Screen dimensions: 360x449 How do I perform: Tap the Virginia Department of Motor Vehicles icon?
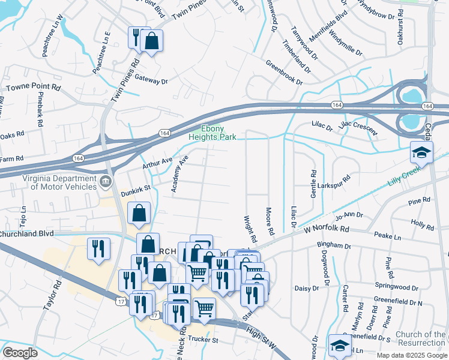click(x=106, y=181)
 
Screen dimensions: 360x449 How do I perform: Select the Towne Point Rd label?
click(x=34, y=88)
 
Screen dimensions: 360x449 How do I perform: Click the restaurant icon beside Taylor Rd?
click(x=98, y=248)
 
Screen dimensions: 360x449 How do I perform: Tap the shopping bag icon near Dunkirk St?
click(x=139, y=214)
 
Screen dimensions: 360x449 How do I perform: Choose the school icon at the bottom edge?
click(x=340, y=345)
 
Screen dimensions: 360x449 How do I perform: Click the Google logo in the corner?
click(x=20, y=353)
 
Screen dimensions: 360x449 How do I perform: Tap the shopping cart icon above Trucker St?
click(x=205, y=308)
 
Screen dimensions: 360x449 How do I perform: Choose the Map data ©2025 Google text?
click(x=412, y=355)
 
